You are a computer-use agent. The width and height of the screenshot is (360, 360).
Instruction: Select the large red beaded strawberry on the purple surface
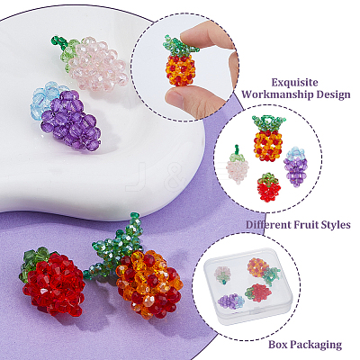pyautogui.click(x=52, y=282)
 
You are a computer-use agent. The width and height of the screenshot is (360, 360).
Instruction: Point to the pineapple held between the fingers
pyautogui.click(x=180, y=61)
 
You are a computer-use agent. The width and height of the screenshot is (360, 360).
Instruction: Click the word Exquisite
pyautogui.click(x=294, y=83)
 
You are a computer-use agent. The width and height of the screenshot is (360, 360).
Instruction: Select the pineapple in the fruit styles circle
pyautogui.click(x=268, y=139)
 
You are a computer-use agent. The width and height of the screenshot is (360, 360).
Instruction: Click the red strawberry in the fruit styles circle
pyautogui.click(x=269, y=187)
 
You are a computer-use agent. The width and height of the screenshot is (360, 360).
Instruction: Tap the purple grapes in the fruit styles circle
pyautogui.click(x=296, y=166)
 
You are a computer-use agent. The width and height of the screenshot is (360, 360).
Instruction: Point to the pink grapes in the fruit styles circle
pyautogui.click(x=237, y=165)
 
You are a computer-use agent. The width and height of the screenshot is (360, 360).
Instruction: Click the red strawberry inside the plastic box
pyautogui.click(x=258, y=292)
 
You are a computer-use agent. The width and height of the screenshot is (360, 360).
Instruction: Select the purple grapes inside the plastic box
pyautogui.click(x=231, y=301)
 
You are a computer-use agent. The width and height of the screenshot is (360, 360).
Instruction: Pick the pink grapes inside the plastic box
pyautogui.click(x=222, y=275)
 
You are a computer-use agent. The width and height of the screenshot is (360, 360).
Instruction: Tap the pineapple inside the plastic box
pyautogui.click(x=264, y=271)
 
